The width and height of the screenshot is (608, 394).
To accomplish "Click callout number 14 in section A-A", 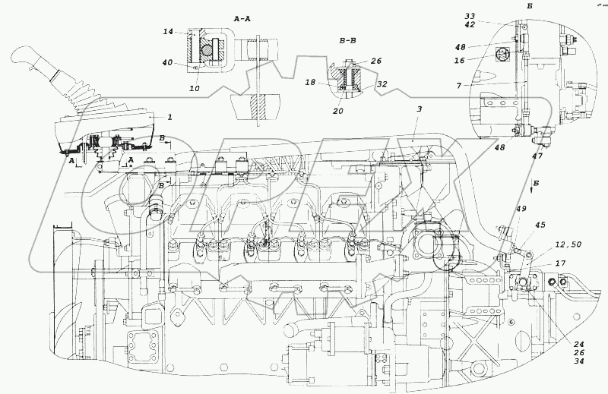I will [x=168, y=32].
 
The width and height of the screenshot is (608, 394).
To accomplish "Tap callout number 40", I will [x=168, y=64].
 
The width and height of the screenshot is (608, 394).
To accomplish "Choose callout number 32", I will [x=382, y=84].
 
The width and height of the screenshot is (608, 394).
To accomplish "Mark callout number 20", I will [x=338, y=111].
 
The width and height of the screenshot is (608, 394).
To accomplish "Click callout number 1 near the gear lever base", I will [x=170, y=117].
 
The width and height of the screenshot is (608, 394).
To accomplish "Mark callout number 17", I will [x=559, y=263].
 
